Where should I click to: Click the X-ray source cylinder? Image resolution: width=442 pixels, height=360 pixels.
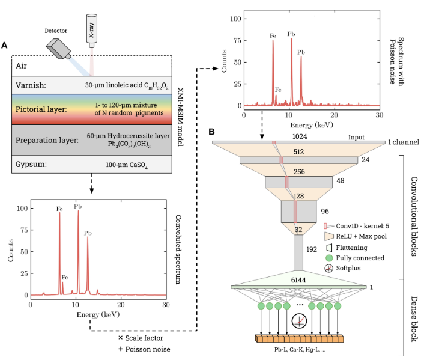point(91,28)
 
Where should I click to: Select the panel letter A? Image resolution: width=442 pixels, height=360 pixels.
point(5,46)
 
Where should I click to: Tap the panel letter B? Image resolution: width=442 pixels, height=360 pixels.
point(211,130)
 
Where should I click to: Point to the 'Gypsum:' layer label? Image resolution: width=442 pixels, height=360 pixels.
point(32,165)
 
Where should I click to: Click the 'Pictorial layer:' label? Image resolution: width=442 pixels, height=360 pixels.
point(43,111)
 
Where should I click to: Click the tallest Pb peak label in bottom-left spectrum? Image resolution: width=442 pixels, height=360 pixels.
point(77,206)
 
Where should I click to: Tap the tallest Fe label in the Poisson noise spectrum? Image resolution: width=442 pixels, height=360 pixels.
point(273,36)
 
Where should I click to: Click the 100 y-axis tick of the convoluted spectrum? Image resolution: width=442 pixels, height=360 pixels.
point(23,209)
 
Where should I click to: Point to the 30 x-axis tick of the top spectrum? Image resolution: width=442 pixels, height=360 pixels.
point(379,114)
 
